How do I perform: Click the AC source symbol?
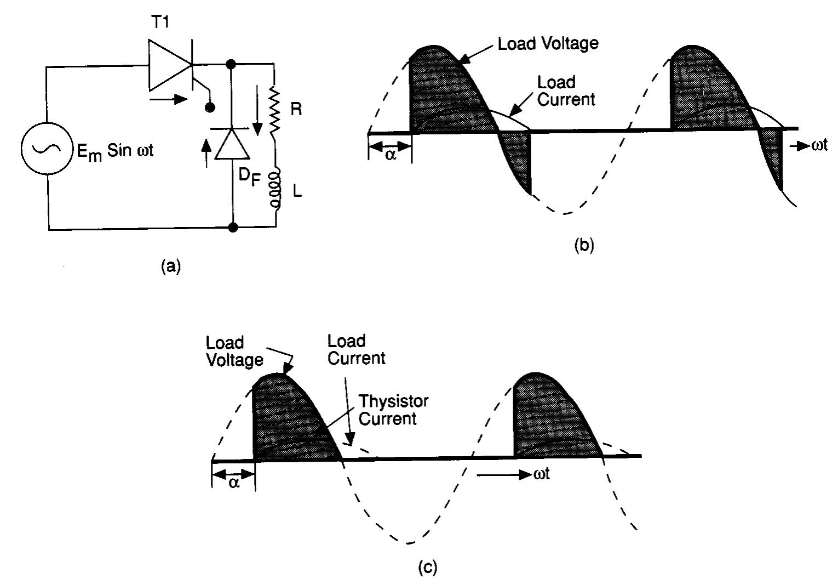click(x=48, y=149)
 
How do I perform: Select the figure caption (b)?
click(x=583, y=245)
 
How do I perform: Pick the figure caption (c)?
click(x=427, y=568)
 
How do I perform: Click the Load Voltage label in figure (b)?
click(x=548, y=43)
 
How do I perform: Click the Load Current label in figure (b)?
click(x=565, y=91)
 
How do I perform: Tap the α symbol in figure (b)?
click(x=390, y=154)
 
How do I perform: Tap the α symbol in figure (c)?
click(x=234, y=483)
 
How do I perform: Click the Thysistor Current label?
click(x=393, y=410)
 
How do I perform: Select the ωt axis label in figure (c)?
click(x=542, y=474)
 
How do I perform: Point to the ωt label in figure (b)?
click(x=819, y=146)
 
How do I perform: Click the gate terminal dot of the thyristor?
click(x=209, y=107)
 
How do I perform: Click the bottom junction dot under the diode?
click(x=233, y=227)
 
